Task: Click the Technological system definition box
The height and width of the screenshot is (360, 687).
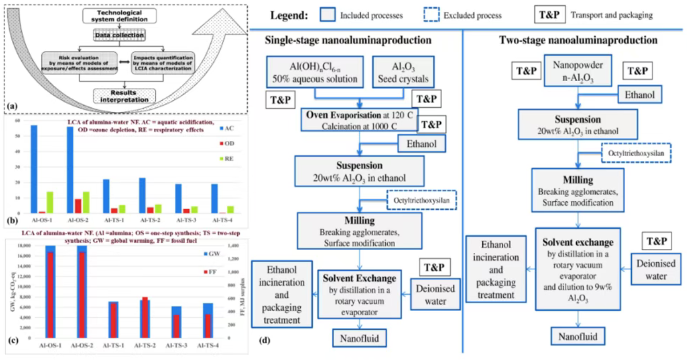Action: point(120,16)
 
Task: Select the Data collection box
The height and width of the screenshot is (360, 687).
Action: point(120,35)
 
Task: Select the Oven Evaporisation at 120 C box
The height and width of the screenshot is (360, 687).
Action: point(359,120)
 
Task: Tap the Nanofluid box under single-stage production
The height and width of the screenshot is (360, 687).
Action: point(360,339)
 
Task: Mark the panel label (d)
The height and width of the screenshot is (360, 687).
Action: point(264,342)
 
